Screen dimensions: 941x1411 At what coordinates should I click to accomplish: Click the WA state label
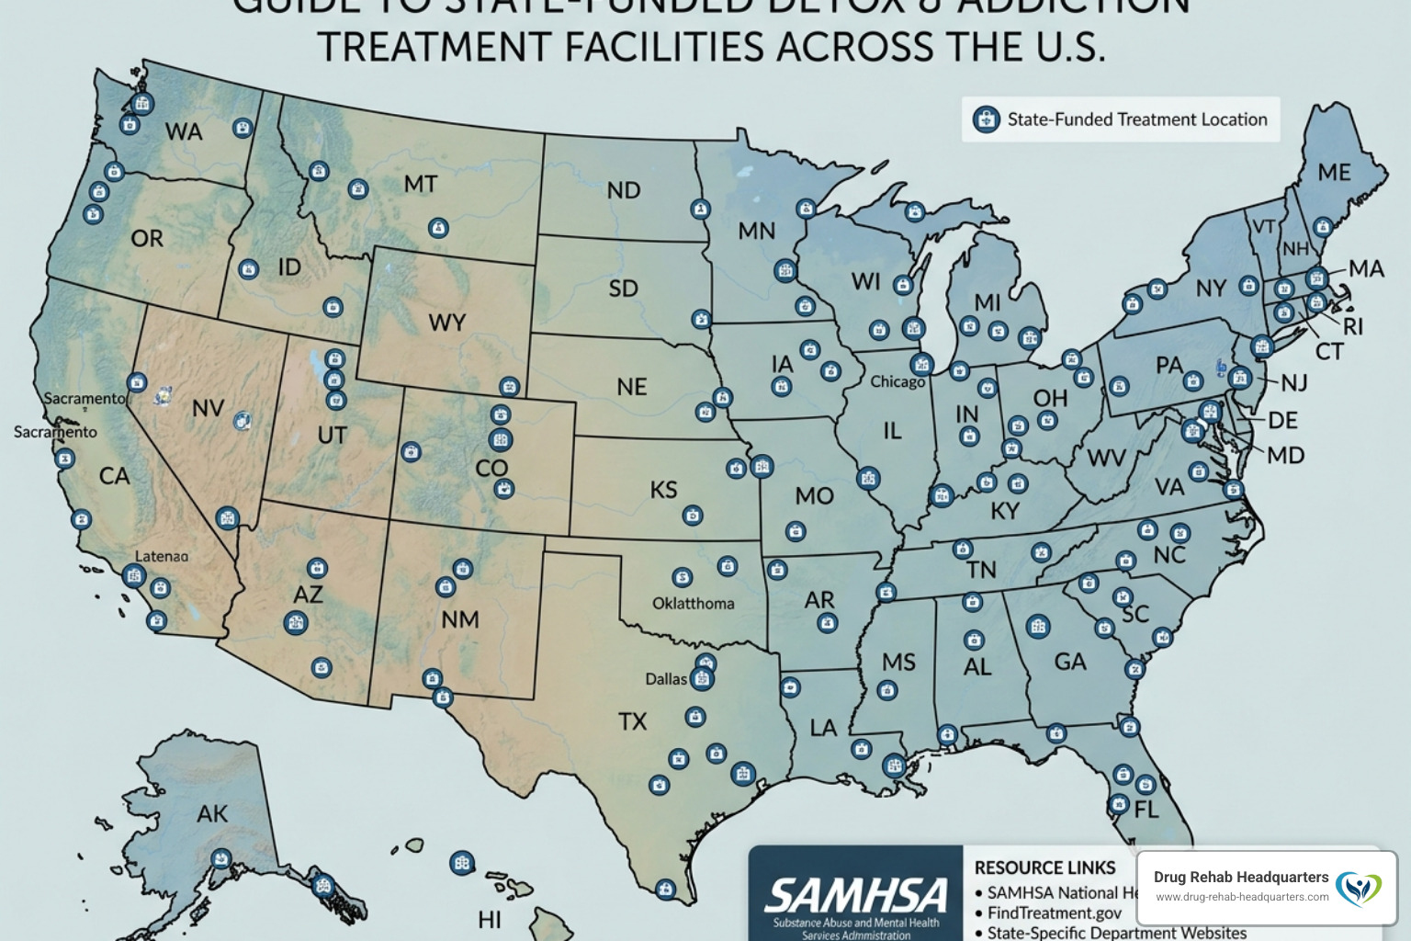184,131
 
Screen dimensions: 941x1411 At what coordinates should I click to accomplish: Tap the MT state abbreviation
420,184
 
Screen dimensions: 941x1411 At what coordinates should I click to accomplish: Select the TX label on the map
632,721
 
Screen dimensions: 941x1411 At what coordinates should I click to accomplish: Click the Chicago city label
897,381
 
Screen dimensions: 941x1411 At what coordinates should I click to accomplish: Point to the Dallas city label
666,679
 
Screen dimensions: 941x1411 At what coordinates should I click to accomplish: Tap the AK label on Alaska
212,813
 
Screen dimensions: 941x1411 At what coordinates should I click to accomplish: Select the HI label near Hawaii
490,919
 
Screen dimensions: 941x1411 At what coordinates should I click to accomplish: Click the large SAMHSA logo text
855,895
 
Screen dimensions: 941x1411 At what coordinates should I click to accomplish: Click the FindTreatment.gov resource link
1054,913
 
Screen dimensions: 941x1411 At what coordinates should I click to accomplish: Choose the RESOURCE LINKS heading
1044,867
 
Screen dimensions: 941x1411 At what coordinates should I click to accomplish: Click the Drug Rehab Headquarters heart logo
1358,887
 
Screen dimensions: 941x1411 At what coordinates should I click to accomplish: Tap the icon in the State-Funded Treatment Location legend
986,119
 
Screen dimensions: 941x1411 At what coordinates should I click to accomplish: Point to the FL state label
1146,810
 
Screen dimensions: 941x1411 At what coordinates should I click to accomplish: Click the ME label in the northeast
1334,172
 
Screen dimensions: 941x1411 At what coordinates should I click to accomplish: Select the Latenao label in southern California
162,556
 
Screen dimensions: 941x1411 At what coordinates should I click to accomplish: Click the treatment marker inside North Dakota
700,210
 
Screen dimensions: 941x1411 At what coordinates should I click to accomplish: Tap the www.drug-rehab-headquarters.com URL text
1241,897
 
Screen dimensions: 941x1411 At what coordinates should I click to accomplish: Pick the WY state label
446,323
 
